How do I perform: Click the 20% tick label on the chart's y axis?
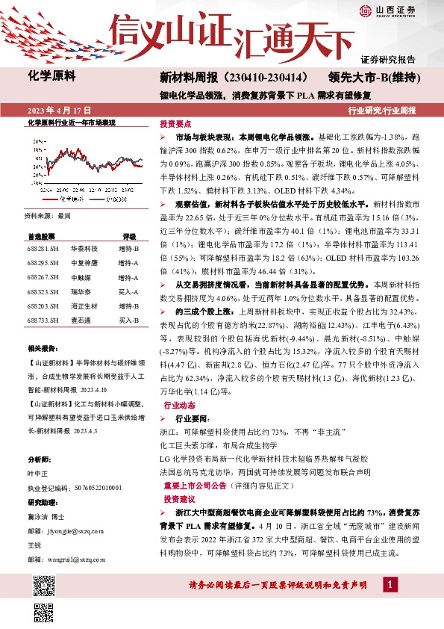[x=37, y=140]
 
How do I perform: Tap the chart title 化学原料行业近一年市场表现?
[x=72, y=122]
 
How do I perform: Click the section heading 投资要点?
[x=176, y=124]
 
